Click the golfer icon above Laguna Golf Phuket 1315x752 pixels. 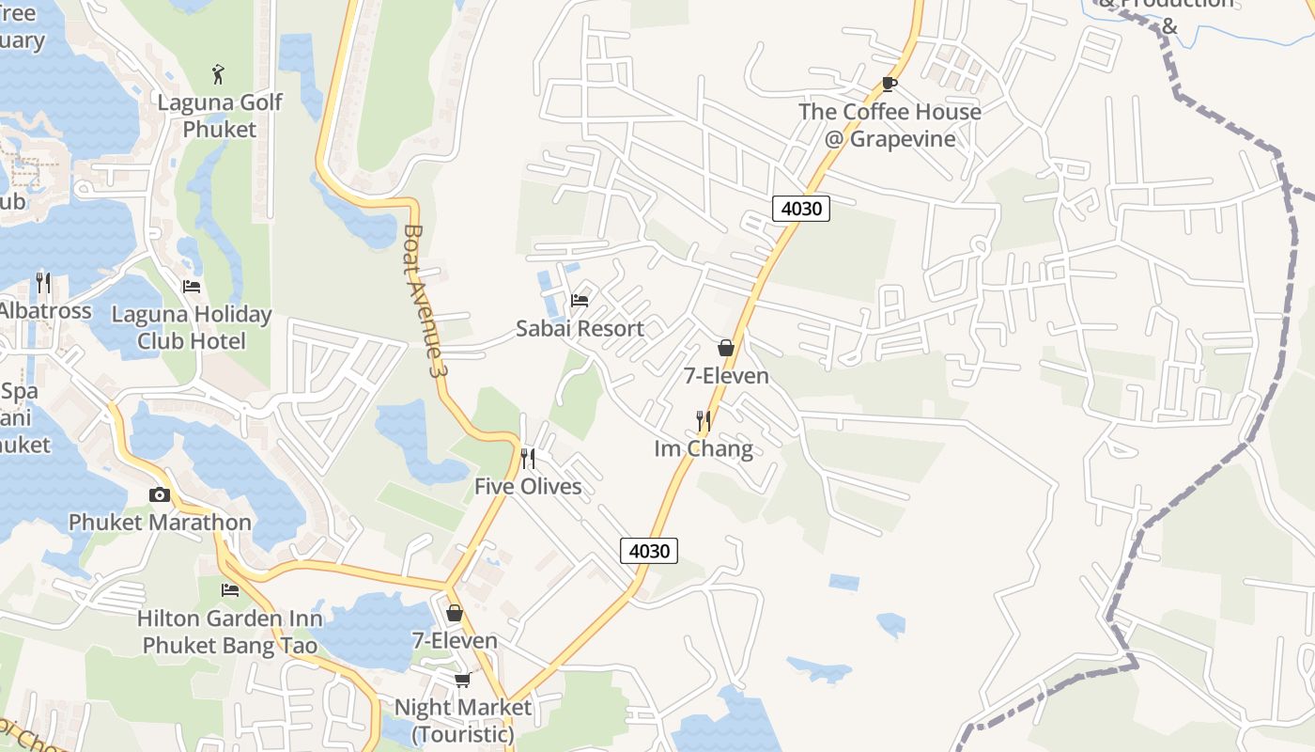coord(219,73)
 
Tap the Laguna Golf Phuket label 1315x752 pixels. coord(220,116)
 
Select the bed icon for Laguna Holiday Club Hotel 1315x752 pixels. coord(192,286)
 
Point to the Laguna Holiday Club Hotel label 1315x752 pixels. coord(192,327)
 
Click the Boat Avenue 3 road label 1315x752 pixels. coord(423,301)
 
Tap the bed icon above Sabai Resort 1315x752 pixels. coord(580,301)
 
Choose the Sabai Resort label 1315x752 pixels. coord(580,328)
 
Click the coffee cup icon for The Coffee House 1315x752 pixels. coord(889,84)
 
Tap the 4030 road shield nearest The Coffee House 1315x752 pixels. coord(801,208)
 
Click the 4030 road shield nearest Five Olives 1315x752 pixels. coord(649,551)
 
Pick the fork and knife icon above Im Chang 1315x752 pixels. coord(704,421)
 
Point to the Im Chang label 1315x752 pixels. coord(704,448)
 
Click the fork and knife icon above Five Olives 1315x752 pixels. coord(528,459)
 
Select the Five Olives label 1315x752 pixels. coord(528,486)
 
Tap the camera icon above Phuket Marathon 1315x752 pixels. coord(160,494)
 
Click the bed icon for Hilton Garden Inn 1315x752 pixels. coord(230,590)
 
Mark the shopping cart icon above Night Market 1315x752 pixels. coord(462,680)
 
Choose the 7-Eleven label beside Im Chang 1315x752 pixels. coord(726,376)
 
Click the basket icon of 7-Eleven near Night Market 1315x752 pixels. coord(455,613)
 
